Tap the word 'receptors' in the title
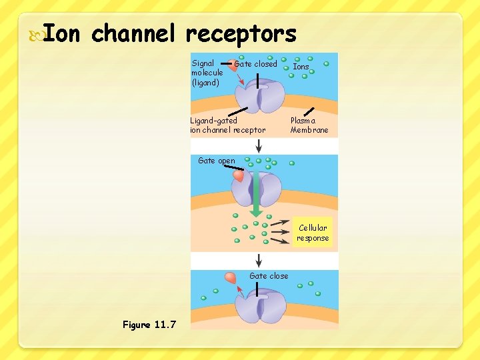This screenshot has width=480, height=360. [x=241, y=33]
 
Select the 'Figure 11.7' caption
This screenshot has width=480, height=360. [x=149, y=325]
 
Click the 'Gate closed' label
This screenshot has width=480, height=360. [x=255, y=64]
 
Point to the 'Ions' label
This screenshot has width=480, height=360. [x=301, y=67]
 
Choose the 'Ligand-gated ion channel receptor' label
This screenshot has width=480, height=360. [x=227, y=125]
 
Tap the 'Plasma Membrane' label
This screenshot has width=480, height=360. [x=309, y=125]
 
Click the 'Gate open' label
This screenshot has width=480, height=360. [x=217, y=161]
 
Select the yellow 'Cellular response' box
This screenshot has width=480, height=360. [x=313, y=233]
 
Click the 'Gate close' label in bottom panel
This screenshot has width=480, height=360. [x=269, y=276]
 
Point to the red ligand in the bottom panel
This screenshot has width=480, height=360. [x=231, y=277]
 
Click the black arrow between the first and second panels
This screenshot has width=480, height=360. [x=259, y=144]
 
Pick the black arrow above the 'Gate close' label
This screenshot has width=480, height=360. [x=259, y=259]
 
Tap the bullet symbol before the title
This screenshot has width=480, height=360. [x=35, y=33]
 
